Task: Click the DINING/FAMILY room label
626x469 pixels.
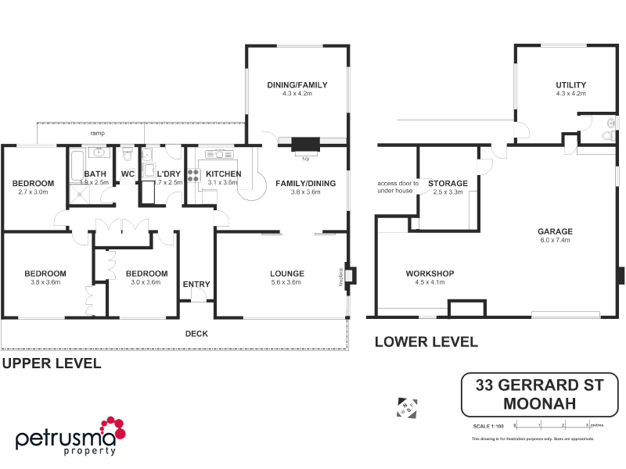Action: click(297, 85)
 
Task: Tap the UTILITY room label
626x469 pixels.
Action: click(570, 85)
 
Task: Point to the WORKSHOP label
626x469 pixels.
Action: click(430, 274)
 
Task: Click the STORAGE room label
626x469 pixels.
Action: click(448, 183)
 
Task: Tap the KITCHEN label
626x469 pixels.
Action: click(223, 174)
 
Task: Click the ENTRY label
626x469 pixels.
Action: click(196, 284)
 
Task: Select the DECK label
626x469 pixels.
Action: click(196, 334)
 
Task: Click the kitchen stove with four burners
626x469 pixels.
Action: click(192, 175)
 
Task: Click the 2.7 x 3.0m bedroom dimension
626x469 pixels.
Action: click(32, 192)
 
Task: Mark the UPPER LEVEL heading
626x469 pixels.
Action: click(51, 363)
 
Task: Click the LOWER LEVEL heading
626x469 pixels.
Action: click(426, 342)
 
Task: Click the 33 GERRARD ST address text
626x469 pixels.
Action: click(539, 385)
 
